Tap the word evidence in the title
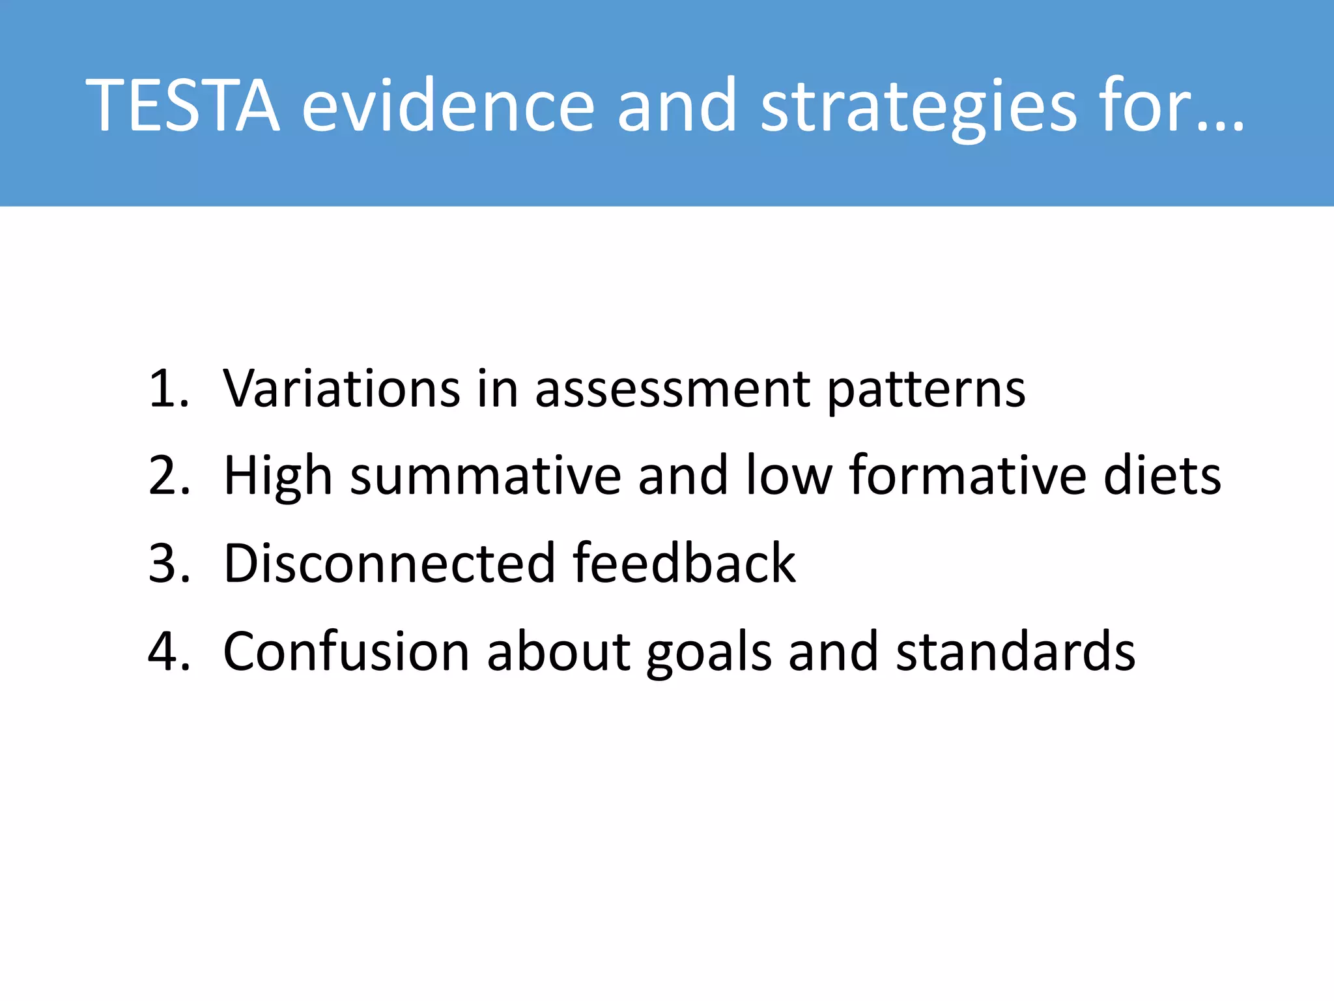[x=448, y=106]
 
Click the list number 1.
[x=168, y=389]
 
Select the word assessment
[x=672, y=390]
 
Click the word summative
[x=486, y=477]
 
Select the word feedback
[x=684, y=563]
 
